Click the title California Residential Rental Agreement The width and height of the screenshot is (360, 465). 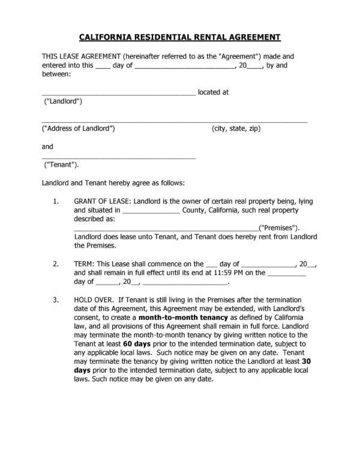coord(179,37)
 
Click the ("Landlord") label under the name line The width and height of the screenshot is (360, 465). coord(64,102)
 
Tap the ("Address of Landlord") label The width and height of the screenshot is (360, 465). coord(78,129)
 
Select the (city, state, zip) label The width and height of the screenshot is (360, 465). coord(236,129)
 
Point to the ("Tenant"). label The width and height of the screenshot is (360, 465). coord(62,165)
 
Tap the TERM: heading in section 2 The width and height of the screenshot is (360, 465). coord(83,263)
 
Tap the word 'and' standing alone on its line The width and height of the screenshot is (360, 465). coord(47,146)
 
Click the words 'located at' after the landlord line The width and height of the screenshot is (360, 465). coord(214,93)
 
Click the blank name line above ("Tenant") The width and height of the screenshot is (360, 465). coord(118,156)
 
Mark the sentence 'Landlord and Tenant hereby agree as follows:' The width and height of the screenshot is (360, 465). coord(113,183)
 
